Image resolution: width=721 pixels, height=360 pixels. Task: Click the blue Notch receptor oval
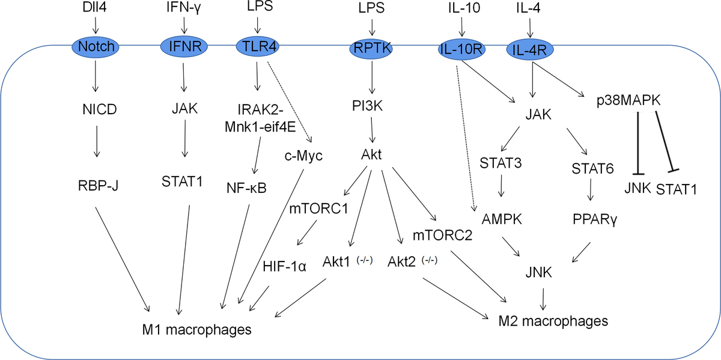[94, 46]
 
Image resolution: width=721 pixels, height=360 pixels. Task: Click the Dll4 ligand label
[95, 8]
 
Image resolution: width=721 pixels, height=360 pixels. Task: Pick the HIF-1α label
[284, 266]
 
